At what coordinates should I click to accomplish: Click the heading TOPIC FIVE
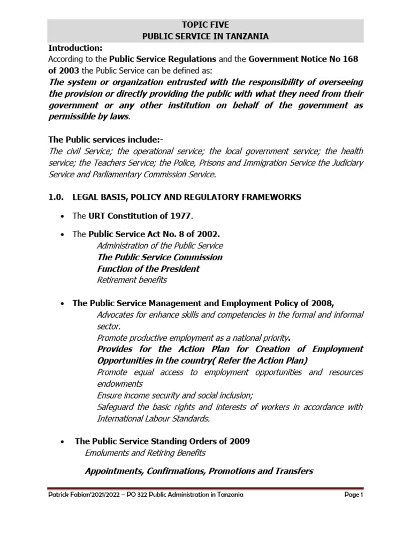click(x=205, y=25)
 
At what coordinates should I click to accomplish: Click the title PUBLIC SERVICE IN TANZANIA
click(x=205, y=36)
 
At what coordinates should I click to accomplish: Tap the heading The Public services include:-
click(x=105, y=140)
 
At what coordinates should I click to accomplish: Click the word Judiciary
click(x=346, y=162)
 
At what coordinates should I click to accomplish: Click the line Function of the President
click(x=148, y=269)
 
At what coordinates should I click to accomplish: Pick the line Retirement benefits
click(x=132, y=280)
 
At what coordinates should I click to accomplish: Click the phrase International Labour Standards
click(x=153, y=418)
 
